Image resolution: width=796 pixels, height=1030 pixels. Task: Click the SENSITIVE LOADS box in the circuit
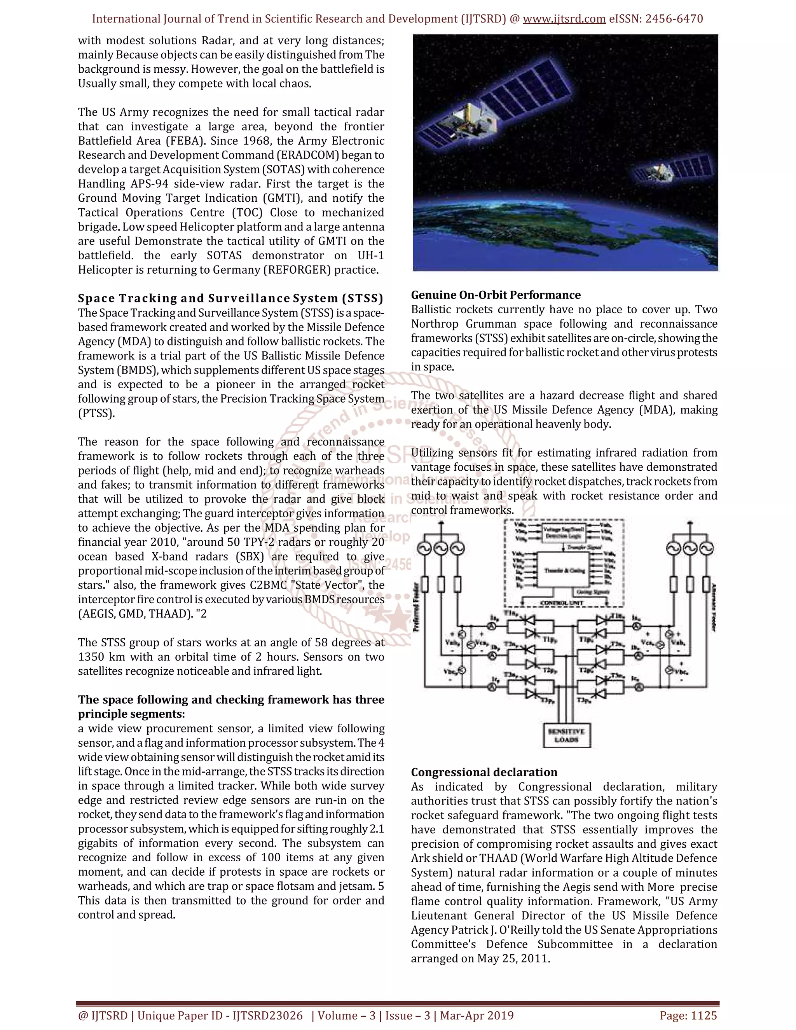click(x=566, y=735)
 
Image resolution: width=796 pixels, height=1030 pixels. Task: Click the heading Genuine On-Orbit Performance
click(x=496, y=295)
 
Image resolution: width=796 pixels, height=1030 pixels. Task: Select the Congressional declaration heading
click(x=484, y=772)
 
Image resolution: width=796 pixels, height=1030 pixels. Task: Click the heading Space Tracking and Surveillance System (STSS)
click(x=230, y=298)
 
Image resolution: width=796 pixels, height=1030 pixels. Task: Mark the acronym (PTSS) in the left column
click(x=96, y=413)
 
